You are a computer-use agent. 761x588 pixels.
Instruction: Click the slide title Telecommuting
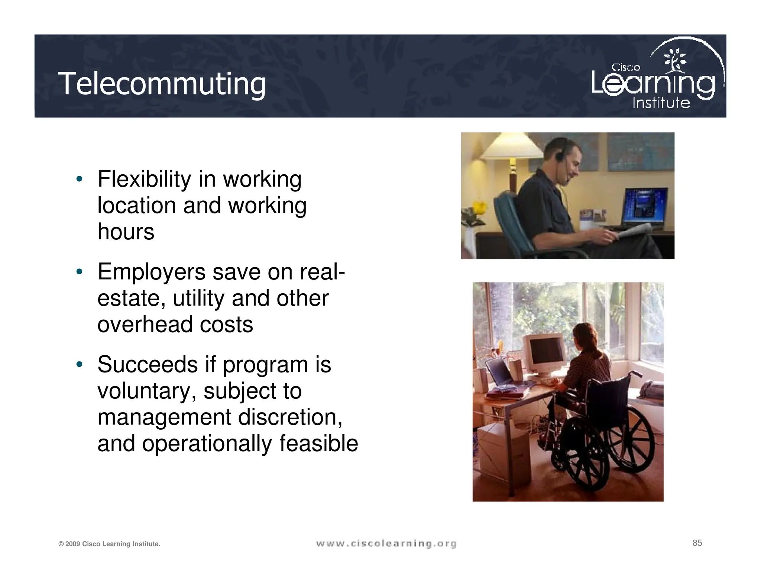(162, 84)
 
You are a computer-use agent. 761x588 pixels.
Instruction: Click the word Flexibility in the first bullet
(144, 179)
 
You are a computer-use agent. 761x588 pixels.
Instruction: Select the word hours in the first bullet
(126, 232)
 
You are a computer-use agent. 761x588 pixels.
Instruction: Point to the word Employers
(151, 272)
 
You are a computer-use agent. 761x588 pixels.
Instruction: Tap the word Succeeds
(148, 365)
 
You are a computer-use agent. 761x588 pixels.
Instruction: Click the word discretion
(290, 417)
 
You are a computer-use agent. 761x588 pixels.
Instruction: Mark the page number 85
(697, 543)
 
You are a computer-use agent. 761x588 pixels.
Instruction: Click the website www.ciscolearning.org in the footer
(386, 544)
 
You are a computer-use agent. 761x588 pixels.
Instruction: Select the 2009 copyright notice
(109, 544)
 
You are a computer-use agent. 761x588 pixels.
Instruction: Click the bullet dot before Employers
(79, 272)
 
